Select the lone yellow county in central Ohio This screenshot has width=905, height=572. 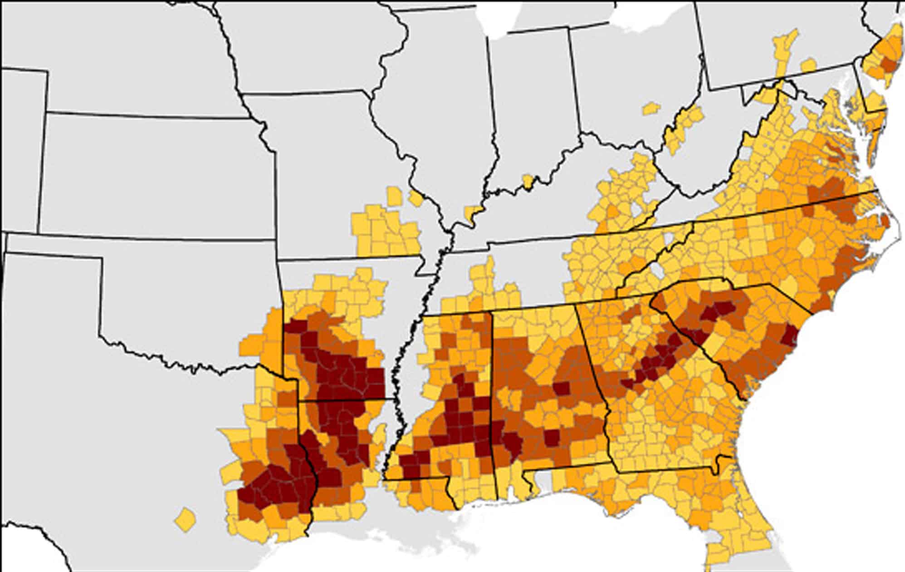[x=651, y=108]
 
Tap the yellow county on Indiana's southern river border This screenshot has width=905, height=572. [x=527, y=181]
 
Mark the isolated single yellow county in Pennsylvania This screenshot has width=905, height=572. [x=808, y=65]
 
